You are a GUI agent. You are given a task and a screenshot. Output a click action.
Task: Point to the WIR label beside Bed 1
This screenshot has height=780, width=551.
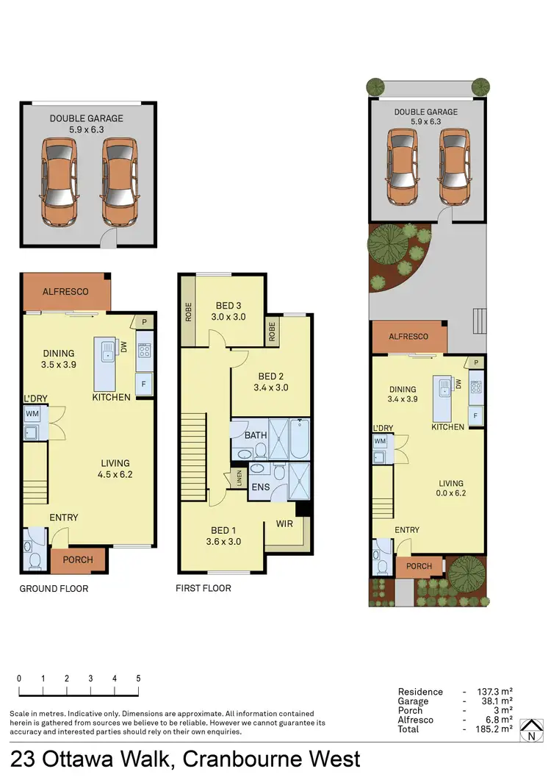(x=286, y=524)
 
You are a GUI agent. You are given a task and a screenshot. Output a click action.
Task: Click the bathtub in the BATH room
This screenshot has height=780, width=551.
(x=300, y=439)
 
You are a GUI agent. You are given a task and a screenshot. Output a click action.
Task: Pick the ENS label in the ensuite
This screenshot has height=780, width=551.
(x=260, y=486)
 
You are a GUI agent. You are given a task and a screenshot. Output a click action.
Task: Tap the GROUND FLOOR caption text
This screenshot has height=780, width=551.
(x=54, y=588)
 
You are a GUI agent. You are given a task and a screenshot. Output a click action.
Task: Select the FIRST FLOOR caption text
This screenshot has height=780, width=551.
(x=204, y=588)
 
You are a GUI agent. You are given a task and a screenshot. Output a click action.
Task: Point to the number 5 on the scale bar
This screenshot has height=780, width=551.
(x=138, y=679)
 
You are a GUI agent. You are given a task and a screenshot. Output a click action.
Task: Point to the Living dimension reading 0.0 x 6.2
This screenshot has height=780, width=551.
(x=451, y=493)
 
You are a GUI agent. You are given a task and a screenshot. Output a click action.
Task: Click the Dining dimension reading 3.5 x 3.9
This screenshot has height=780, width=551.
(x=59, y=364)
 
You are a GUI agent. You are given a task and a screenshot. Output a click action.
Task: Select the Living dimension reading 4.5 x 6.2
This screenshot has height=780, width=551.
(x=115, y=474)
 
